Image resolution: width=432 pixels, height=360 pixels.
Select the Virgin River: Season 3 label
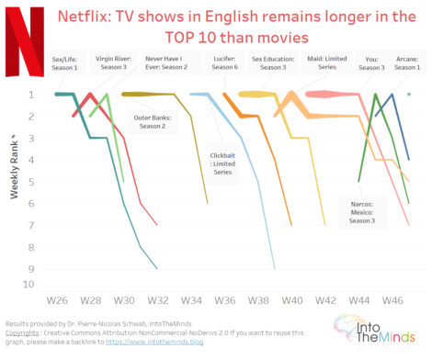(x=113, y=61)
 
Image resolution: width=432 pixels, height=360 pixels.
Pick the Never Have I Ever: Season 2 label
(x=165, y=61)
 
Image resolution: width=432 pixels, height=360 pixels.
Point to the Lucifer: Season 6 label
(x=225, y=61)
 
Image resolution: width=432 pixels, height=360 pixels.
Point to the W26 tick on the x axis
(x=56, y=300)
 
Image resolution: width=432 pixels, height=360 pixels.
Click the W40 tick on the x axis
(x=292, y=300)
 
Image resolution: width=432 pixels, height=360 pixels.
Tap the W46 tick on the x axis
(x=392, y=300)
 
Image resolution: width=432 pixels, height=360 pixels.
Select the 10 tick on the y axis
(x=29, y=285)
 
